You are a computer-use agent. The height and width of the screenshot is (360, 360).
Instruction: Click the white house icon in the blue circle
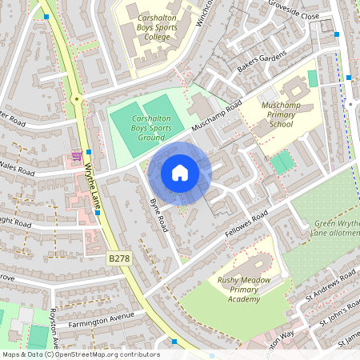click(x=180, y=172)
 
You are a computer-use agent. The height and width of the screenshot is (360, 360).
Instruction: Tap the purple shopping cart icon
click(x=76, y=154)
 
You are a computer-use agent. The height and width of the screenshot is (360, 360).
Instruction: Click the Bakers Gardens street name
click(x=255, y=62)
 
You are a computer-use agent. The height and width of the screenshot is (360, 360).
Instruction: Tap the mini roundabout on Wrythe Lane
click(x=77, y=99)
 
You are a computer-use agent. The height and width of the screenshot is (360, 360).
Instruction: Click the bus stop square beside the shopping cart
click(x=88, y=151)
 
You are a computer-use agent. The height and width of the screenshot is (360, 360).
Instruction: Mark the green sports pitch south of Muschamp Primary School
click(x=282, y=163)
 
